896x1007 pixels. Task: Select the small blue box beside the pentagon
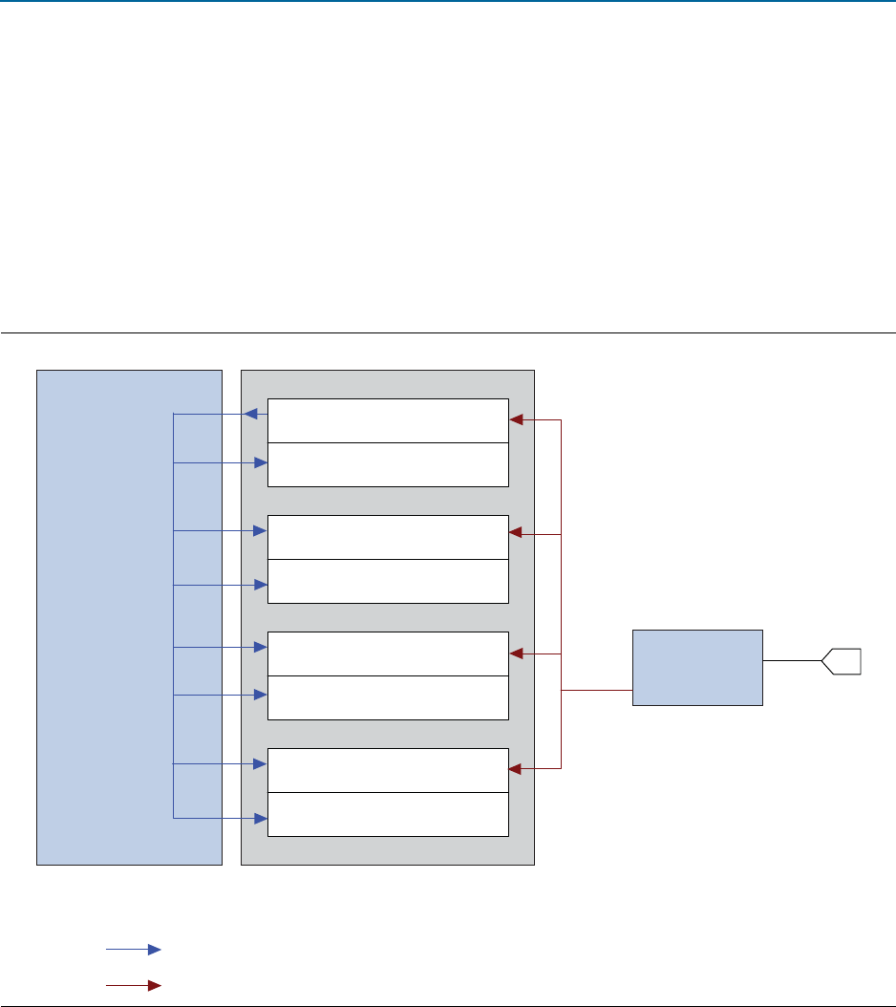tap(697, 667)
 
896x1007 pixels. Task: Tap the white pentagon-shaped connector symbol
tap(842, 660)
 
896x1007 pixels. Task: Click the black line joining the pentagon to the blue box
tap(792, 660)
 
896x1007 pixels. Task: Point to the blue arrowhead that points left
tap(250, 414)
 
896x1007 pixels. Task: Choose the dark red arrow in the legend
tap(133, 984)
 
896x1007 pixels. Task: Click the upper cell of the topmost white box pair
tap(387, 420)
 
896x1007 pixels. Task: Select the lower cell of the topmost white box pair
tap(387, 464)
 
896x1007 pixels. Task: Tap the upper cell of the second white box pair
tap(387, 537)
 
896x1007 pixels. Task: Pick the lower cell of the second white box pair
tap(387, 581)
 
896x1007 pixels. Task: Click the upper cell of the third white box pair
tap(387, 653)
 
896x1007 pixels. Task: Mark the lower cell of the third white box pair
tap(387, 697)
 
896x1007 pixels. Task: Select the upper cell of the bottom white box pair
tap(387, 770)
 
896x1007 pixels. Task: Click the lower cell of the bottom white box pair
tap(387, 814)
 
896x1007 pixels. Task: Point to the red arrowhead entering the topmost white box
tap(517, 419)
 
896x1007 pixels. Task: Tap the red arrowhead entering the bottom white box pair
tap(517, 768)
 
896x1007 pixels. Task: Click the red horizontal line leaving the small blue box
tap(596, 690)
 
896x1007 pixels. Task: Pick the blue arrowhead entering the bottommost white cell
tap(259, 818)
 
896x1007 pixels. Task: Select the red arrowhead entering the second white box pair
tap(517, 533)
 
